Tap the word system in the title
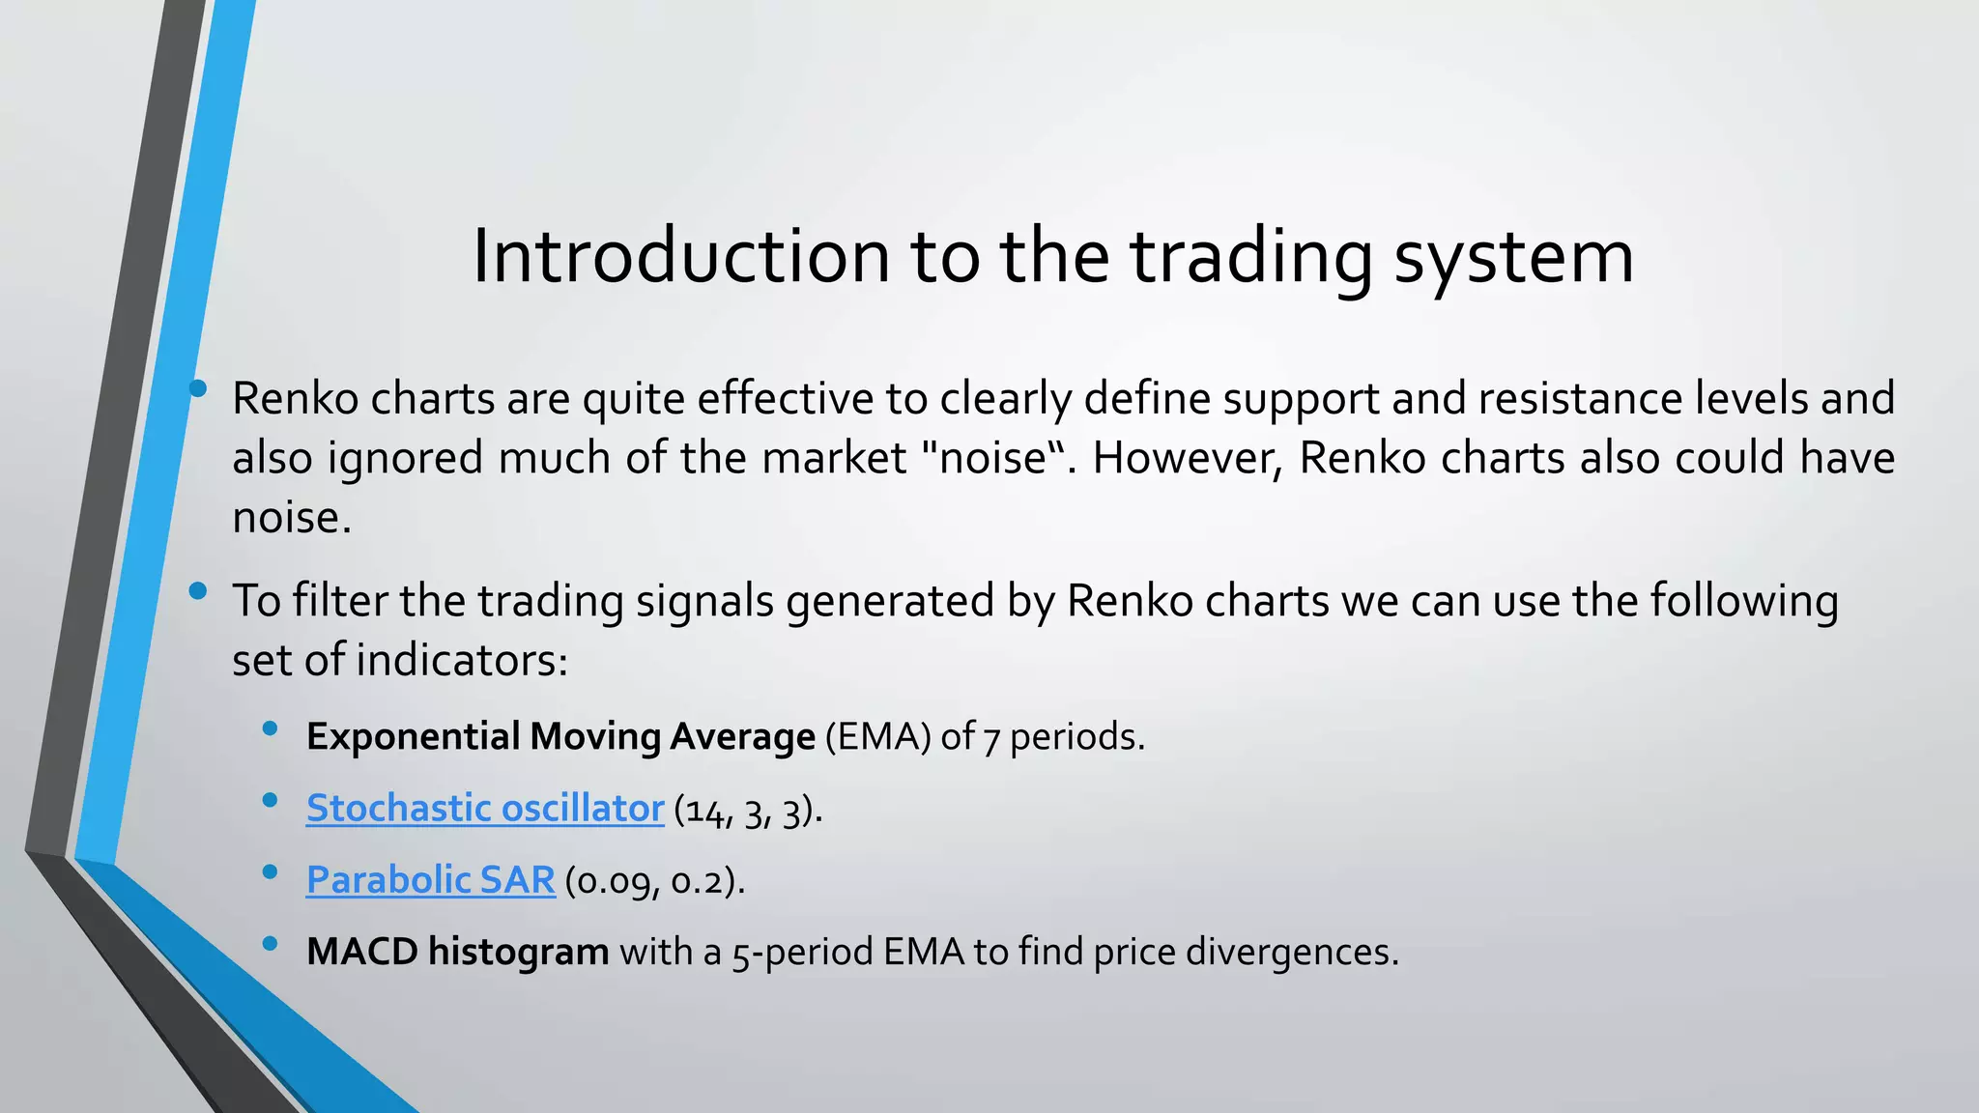(1513, 259)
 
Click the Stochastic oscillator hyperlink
(485, 809)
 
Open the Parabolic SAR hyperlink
(431, 880)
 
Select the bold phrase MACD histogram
(457, 952)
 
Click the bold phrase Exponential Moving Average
(560, 737)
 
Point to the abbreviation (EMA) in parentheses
(877, 737)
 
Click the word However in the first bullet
(1189, 458)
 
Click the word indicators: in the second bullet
(462, 661)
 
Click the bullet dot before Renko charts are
(198, 388)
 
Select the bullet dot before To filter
(198, 591)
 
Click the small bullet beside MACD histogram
(271, 942)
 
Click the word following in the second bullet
(1743, 601)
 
